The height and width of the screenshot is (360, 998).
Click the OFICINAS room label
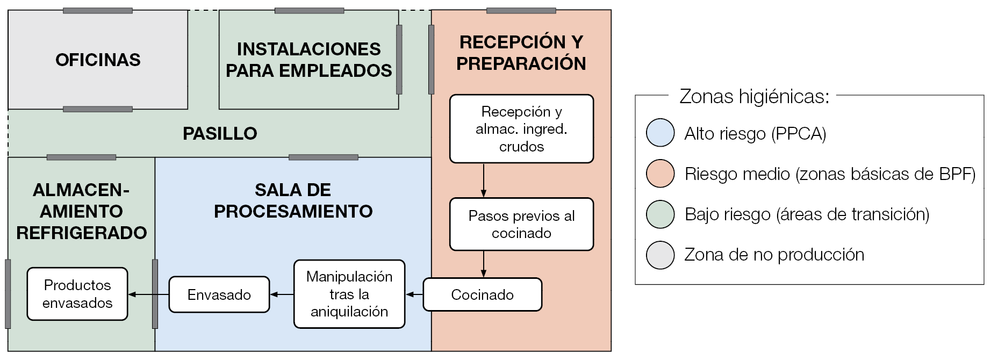98,60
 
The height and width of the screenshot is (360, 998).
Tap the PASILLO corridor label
220,133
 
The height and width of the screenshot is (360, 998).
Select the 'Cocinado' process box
482,294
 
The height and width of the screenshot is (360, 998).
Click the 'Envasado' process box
219,294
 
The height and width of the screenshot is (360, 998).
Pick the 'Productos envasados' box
77,294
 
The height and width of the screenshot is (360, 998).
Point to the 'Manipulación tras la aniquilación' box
349,294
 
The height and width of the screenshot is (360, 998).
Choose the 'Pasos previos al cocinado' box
521,224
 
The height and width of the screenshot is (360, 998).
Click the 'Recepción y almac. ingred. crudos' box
521,129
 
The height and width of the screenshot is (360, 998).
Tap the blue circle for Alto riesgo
660,133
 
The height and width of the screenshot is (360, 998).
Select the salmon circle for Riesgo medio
660,174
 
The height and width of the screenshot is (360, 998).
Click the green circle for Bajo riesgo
660,214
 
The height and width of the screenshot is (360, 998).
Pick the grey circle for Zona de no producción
660,255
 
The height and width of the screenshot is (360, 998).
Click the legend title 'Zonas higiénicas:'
754,96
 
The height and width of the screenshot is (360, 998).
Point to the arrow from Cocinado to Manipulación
414,294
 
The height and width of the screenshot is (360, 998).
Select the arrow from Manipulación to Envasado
282,294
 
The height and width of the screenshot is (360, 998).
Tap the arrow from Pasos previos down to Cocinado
484,264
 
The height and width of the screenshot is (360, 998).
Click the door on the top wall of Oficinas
98,11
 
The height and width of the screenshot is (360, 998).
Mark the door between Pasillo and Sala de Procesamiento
323,157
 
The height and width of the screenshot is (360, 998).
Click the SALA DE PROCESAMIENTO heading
293,200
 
